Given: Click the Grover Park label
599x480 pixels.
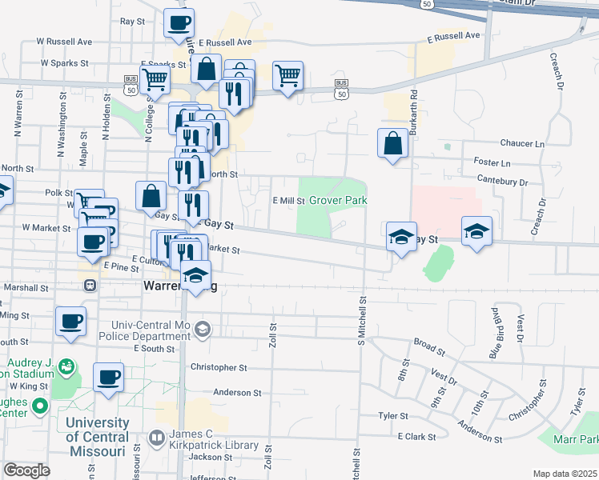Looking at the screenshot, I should coord(338,200).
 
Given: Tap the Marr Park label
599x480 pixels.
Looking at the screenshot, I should coord(580,439).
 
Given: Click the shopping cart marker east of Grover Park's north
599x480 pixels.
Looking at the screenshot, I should coord(287,76).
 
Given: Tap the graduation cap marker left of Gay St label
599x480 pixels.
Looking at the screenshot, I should coord(401,237).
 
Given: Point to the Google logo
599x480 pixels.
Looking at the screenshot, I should coord(26,470).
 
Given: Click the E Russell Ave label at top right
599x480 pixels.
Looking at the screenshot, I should coord(453,36).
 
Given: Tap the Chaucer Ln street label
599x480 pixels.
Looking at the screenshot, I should coord(521,143).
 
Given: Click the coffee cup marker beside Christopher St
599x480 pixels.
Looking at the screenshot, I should coord(108,377).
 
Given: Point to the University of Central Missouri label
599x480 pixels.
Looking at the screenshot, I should coord(98,436).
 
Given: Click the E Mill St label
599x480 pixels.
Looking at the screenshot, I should coord(289,201).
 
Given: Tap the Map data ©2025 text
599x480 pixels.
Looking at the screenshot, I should coord(565,474).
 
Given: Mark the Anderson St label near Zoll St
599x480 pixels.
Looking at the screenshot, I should coord(237,393).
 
